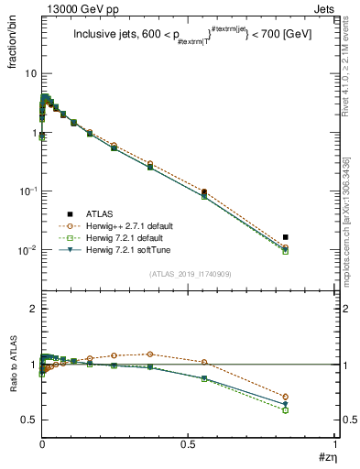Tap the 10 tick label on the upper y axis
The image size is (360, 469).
[x=30, y=72]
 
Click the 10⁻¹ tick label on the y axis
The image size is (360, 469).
[x=27, y=191]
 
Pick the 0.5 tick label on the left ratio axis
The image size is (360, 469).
[x=30, y=420]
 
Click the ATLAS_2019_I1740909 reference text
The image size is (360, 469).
[x=190, y=273]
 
